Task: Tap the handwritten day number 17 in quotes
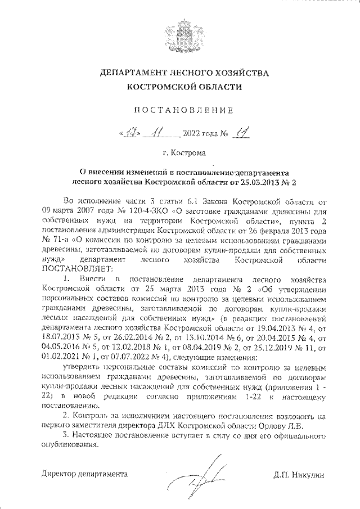[129, 133]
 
